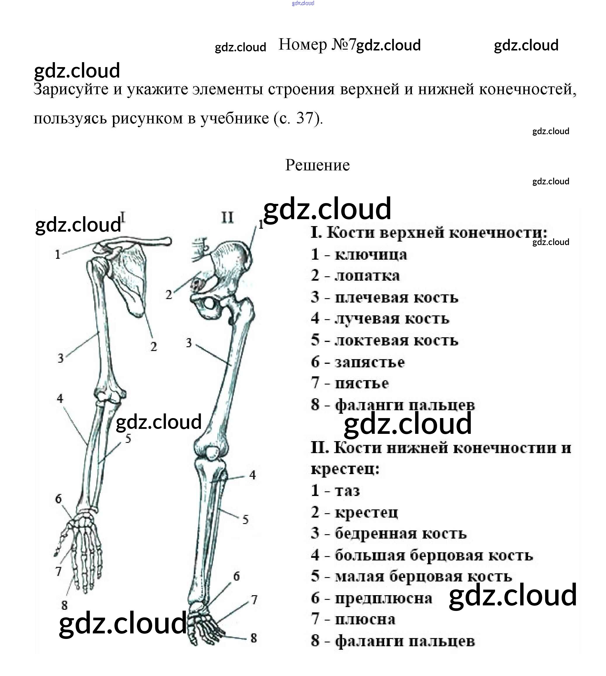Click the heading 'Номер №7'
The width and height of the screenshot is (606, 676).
point(317,45)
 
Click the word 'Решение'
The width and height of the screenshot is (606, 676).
point(317,165)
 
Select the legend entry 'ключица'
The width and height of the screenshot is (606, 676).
point(371,255)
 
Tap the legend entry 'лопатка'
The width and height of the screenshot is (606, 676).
point(367,276)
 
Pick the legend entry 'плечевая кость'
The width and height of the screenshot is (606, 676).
point(396,298)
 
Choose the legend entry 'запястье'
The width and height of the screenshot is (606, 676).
point(370,362)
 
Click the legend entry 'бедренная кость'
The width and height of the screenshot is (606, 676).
point(400,534)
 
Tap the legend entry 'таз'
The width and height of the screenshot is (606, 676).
point(347,491)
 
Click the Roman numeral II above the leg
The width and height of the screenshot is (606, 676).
point(227,218)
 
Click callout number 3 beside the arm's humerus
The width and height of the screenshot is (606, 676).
point(60,358)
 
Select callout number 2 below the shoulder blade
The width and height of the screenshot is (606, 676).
point(154,347)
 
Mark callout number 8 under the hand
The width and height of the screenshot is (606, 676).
point(65,605)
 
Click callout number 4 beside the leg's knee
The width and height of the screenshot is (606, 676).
point(252,475)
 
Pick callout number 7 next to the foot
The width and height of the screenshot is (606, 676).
point(254,600)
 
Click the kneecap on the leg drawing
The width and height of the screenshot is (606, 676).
point(212,453)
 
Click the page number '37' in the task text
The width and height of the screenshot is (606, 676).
point(305,118)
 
